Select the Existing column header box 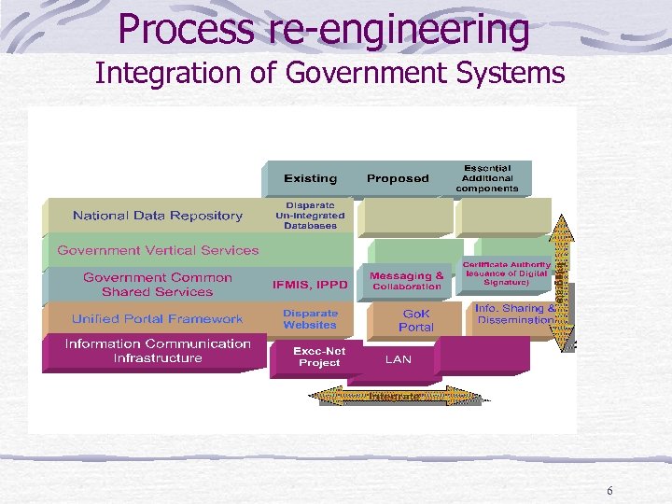(x=311, y=178)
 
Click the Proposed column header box (x=398, y=178)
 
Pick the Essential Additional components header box (x=487, y=177)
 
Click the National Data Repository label (x=158, y=216)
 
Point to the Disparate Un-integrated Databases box (x=310, y=215)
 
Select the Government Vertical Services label (x=158, y=250)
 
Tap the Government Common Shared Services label (x=158, y=285)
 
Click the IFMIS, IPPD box (x=310, y=284)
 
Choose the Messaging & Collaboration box (x=407, y=281)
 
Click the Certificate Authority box (x=507, y=273)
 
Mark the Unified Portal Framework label (x=158, y=319)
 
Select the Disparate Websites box (x=310, y=319)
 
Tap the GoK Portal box (x=416, y=320)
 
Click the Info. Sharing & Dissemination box (x=515, y=315)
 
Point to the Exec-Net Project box (x=319, y=357)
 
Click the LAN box (x=398, y=358)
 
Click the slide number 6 (x=609, y=492)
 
